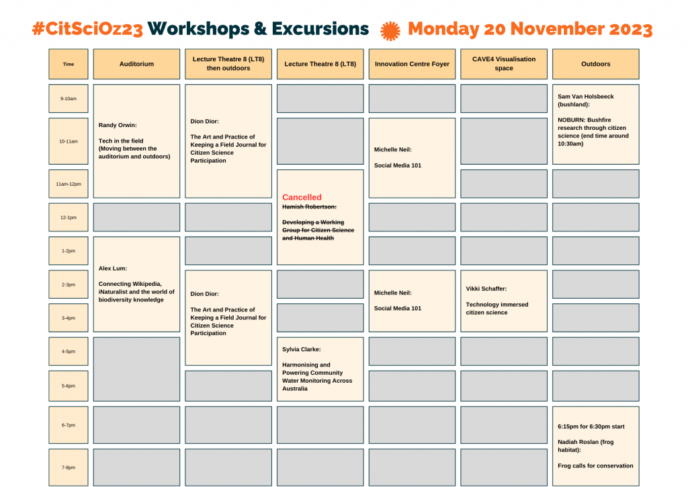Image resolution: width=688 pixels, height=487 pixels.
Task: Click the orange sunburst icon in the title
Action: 390,31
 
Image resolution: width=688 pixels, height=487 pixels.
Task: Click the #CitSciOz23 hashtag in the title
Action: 87,29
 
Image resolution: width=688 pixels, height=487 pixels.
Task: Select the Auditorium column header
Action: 136,64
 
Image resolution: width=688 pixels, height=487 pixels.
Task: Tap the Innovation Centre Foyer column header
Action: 412,64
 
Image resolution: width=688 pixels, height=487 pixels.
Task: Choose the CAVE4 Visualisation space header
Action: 504,64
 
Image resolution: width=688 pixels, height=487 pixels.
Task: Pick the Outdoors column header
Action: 595,64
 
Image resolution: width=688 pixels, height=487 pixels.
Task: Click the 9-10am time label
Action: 69,99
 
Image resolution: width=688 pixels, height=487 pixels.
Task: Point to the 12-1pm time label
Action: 69,217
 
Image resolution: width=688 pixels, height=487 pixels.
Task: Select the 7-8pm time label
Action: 69,467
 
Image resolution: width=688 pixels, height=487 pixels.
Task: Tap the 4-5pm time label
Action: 69,351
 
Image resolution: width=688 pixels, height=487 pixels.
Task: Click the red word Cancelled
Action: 302,198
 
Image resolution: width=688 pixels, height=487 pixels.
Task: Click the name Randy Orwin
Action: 118,125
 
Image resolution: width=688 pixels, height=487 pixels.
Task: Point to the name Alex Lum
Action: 113,268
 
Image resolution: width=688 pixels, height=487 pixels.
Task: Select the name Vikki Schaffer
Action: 486,289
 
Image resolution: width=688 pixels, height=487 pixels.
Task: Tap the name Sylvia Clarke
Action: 302,350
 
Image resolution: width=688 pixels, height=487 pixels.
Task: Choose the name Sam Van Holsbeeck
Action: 586,97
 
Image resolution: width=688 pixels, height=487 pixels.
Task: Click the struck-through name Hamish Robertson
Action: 309,207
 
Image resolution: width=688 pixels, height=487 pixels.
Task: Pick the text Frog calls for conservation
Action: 595,466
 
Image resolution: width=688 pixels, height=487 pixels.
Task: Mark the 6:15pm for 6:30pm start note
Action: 591,426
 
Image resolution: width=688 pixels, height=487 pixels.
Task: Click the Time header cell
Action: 69,64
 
